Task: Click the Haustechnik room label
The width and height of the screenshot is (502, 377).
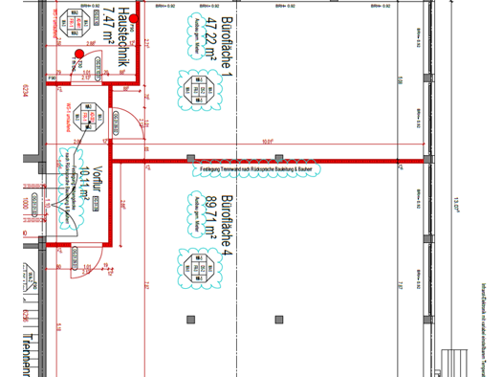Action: (x=121, y=29)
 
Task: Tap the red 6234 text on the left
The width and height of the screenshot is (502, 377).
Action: (x=11, y=96)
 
